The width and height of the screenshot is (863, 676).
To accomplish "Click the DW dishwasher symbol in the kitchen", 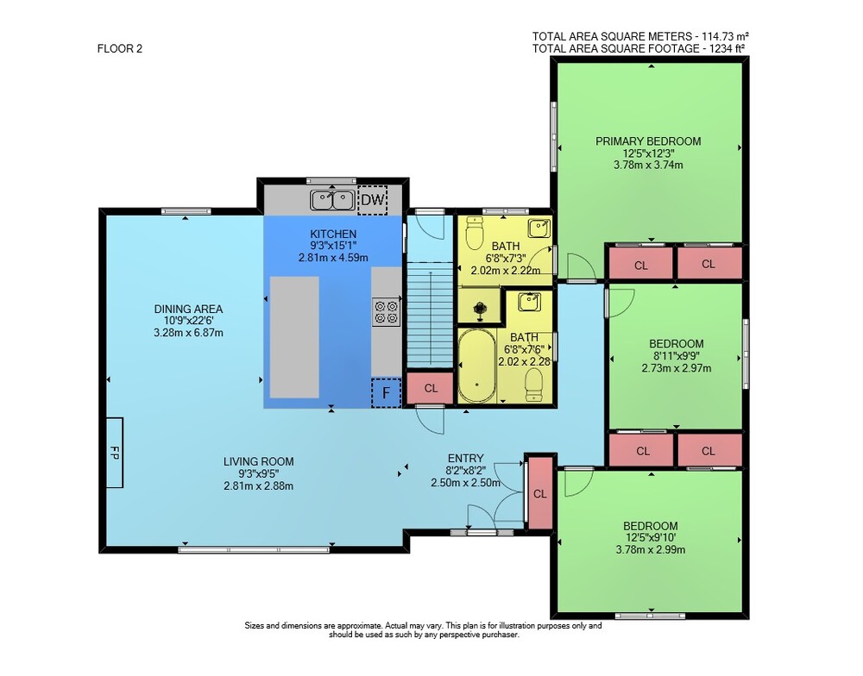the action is [373, 200].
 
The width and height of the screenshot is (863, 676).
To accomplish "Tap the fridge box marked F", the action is [386, 392].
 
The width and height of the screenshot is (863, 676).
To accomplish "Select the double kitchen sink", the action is [332, 200].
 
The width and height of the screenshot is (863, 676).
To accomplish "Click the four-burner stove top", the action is [387, 312].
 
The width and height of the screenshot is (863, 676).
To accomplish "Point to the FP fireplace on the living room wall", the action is [115, 453].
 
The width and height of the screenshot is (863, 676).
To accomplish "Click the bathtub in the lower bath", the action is [476, 366].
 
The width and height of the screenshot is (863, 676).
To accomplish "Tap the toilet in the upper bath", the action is [474, 233].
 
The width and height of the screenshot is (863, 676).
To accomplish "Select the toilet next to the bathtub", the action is [534, 384].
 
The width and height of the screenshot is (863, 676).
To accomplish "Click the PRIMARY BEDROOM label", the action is [648, 141].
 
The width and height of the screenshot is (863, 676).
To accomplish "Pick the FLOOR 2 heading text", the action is [119, 48].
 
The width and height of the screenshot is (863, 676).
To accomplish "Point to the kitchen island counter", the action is [294, 337].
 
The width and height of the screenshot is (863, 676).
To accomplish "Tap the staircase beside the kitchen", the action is [430, 314].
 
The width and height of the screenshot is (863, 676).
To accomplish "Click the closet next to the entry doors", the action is [540, 493].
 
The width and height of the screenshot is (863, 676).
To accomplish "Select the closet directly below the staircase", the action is [431, 388].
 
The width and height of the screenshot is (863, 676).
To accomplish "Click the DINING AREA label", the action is [188, 310].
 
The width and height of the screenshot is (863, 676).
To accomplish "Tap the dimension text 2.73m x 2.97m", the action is [676, 368].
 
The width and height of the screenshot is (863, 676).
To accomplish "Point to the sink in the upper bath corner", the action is [539, 228].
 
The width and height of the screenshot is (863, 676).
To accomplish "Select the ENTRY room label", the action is [466, 458].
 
